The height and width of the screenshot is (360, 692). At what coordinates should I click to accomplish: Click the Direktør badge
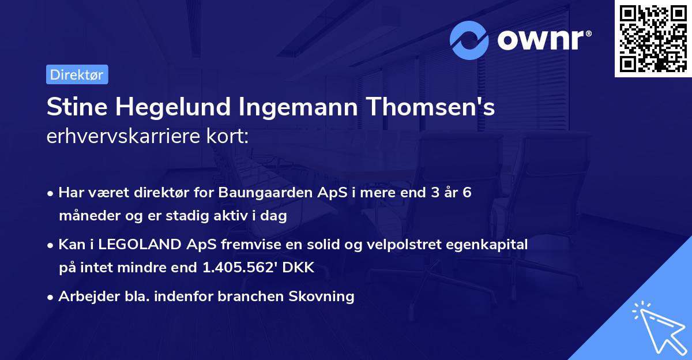pos(77,75)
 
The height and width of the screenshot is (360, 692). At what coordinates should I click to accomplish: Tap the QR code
pos(652,38)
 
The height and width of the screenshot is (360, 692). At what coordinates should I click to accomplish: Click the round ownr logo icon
pos(469,40)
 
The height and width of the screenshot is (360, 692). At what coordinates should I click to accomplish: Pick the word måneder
pos(86,216)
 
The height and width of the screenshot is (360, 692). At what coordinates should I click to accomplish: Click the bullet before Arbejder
pos(51,297)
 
